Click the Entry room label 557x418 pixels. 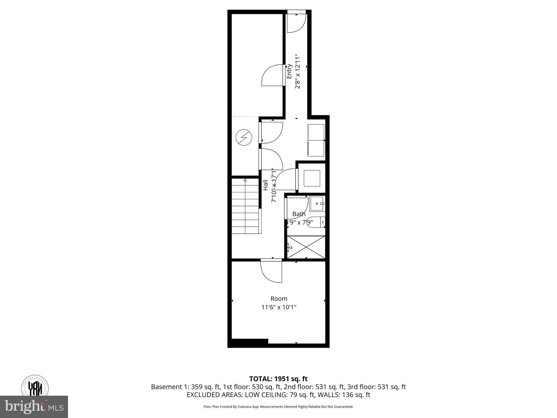[289, 71]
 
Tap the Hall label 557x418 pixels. [265, 185]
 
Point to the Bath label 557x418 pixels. [299, 214]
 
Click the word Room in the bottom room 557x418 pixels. [279, 299]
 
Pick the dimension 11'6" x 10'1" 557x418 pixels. [279, 307]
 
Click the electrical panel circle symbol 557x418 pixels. [244, 137]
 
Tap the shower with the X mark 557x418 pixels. [306, 247]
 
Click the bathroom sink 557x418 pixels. [317, 204]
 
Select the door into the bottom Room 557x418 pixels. [271, 271]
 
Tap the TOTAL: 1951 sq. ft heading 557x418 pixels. [278, 379]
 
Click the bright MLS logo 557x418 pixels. [34, 407]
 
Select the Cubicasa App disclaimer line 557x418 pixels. [278, 407]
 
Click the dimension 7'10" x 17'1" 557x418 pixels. [274, 185]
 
